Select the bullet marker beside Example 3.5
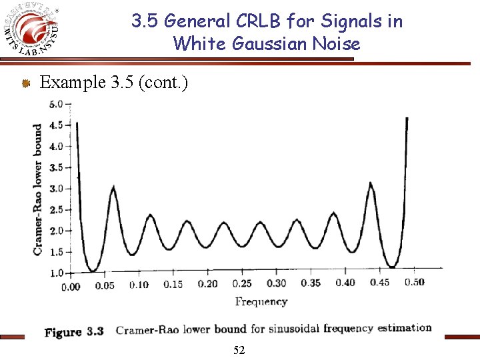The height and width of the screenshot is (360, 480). [25, 83]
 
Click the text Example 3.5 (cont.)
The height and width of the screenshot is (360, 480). [114, 83]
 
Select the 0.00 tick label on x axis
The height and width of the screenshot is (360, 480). [70, 287]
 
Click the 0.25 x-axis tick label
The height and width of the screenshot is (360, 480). [242, 284]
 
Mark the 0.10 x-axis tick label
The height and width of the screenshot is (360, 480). [139, 285]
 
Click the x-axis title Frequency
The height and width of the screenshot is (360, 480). [261, 301]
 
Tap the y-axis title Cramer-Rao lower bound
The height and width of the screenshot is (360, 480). [37, 189]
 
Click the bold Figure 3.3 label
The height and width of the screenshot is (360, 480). [73, 332]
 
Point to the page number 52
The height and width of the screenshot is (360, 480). [239, 350]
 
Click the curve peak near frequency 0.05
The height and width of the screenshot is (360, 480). [113, 187]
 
